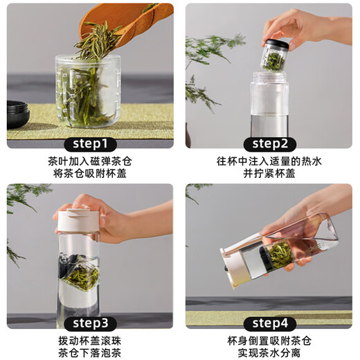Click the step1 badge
click(90, 144)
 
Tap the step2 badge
click(270, 144)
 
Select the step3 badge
click(90, 323)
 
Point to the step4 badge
click(270, 323)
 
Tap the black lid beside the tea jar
click(18, 114)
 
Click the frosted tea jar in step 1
click(88, 91)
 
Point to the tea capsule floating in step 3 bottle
click(80, 272)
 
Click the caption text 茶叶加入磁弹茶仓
click(90, 161)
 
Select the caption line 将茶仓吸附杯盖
click(90, 174)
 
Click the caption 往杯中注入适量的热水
click(269, 161)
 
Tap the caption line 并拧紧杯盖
click(269, 174)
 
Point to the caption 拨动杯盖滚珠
click(90, 341)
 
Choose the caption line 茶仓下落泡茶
click(90, 353)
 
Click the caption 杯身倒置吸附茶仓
click(269, 341)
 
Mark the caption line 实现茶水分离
click(269, 353)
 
